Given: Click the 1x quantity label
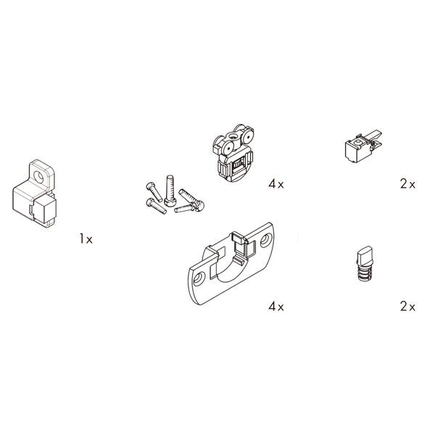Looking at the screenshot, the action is [x=86, y=239].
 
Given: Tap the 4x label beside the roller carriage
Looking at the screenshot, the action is [x=276, y=183].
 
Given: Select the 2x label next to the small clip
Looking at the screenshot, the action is [x=407, y=183].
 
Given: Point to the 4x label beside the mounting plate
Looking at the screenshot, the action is [x=276, y=307].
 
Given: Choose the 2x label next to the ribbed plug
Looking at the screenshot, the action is [x=407, y=307].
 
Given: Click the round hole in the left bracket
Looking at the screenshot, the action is [x=38, y=176].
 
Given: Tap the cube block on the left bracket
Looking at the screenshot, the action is [x=45, y=210].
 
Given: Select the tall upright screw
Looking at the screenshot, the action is [x=170, y=191].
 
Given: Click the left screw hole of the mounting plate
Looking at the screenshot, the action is [x=199, y=278].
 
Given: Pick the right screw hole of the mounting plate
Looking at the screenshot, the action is [x=266, y=240].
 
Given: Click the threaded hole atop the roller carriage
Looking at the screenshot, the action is [x=233, y=136].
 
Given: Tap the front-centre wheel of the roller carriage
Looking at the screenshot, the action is [x=228, y=149].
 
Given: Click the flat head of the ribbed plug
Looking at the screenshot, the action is [x=364, y=254].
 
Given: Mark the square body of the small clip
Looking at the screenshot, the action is [x=355, y=151].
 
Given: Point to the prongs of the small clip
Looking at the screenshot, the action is [x=373, y=138].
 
